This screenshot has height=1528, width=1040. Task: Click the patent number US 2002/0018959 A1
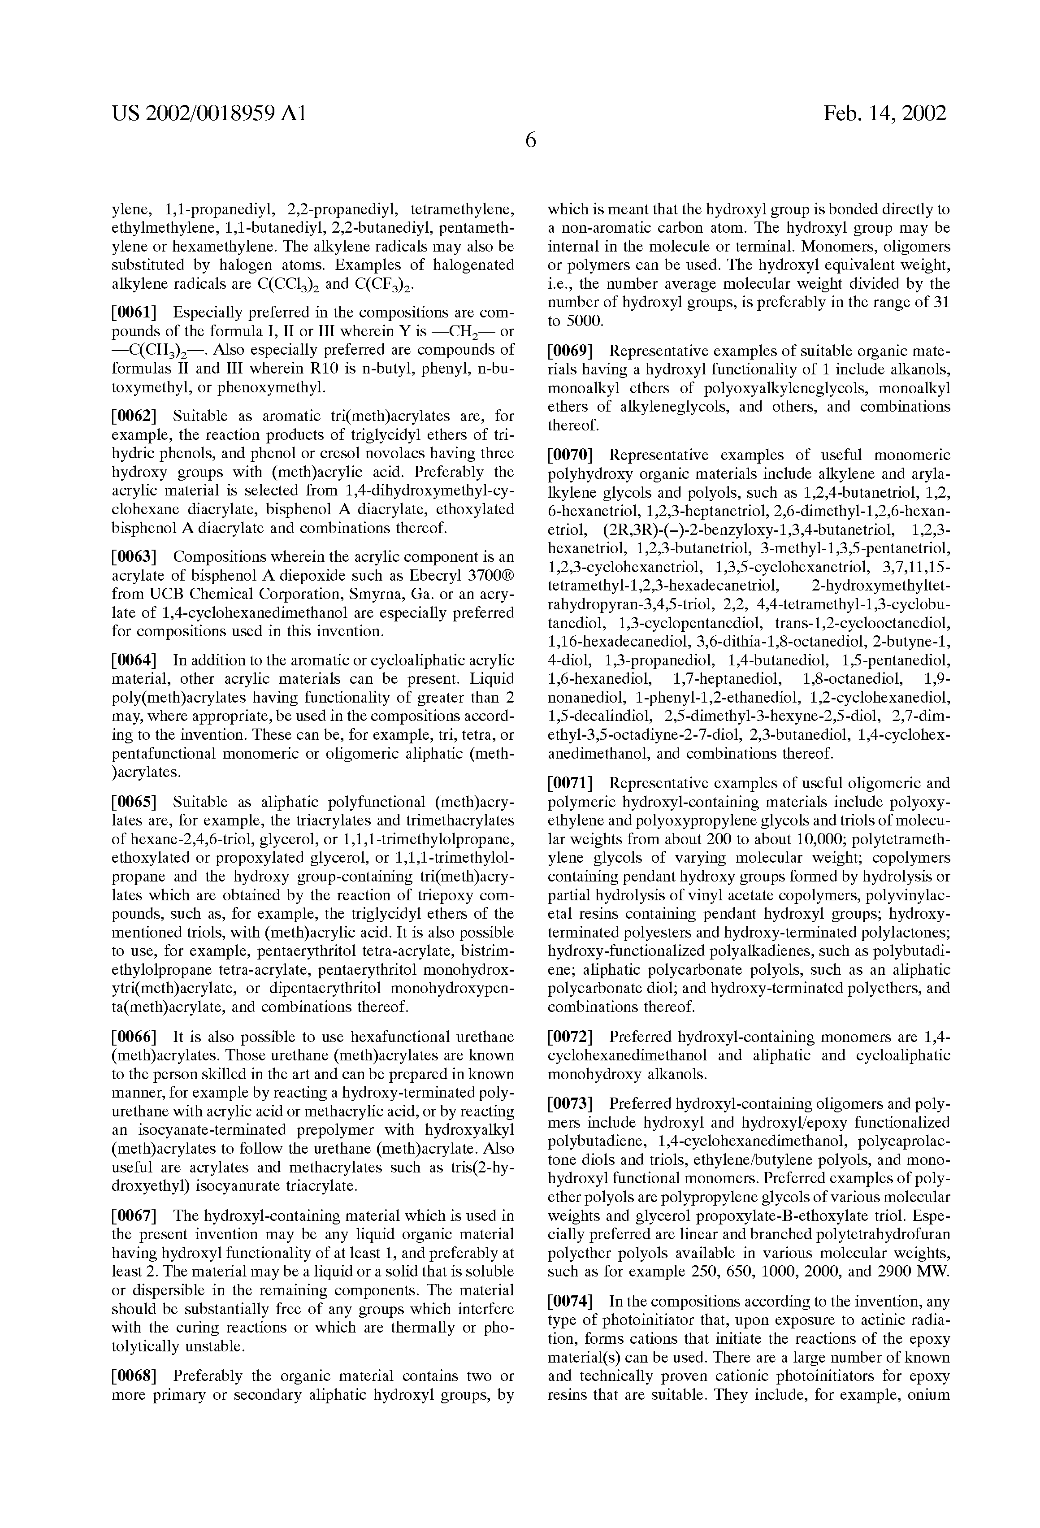pyautogui.click(x=209, y=114)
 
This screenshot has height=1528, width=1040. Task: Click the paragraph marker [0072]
pyautogui.click(x=571, y=1037)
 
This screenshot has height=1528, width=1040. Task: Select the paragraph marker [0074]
pyautogui.click(x=571, y=1301)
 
